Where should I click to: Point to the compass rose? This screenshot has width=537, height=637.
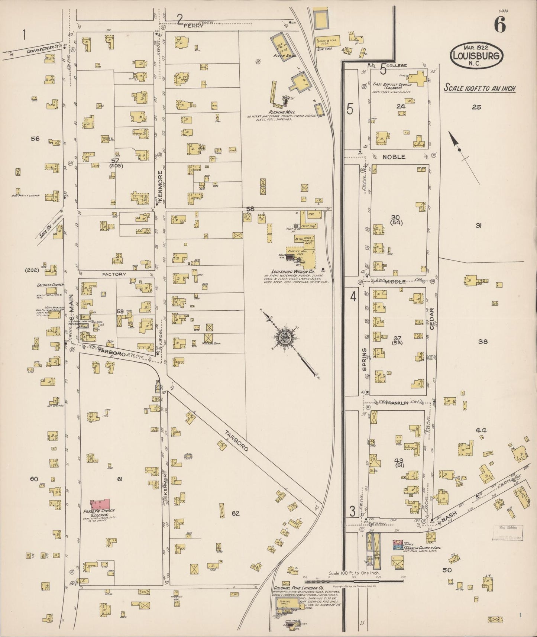[285, 338]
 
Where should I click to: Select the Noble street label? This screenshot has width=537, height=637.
[394, 157]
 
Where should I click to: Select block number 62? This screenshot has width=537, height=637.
[235, 514]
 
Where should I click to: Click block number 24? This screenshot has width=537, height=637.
[400, 106]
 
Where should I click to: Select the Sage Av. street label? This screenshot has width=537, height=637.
[51, 226]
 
